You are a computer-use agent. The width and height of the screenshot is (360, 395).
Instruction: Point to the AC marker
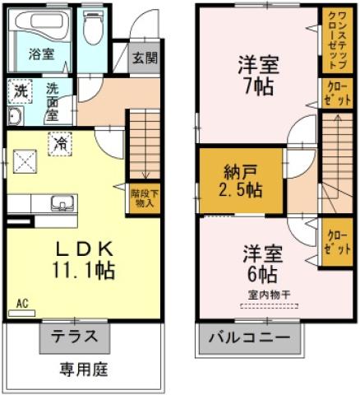22,303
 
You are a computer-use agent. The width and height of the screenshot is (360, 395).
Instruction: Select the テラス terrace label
75,336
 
